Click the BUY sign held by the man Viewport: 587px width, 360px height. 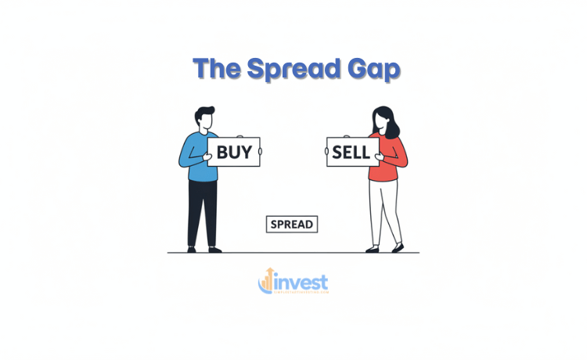pos(234,151)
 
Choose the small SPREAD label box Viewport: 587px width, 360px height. pos(292,225)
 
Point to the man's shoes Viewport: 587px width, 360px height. pos(203,249)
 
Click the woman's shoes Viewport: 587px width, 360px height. pos(384,248)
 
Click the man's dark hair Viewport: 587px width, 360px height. pos(203,112)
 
